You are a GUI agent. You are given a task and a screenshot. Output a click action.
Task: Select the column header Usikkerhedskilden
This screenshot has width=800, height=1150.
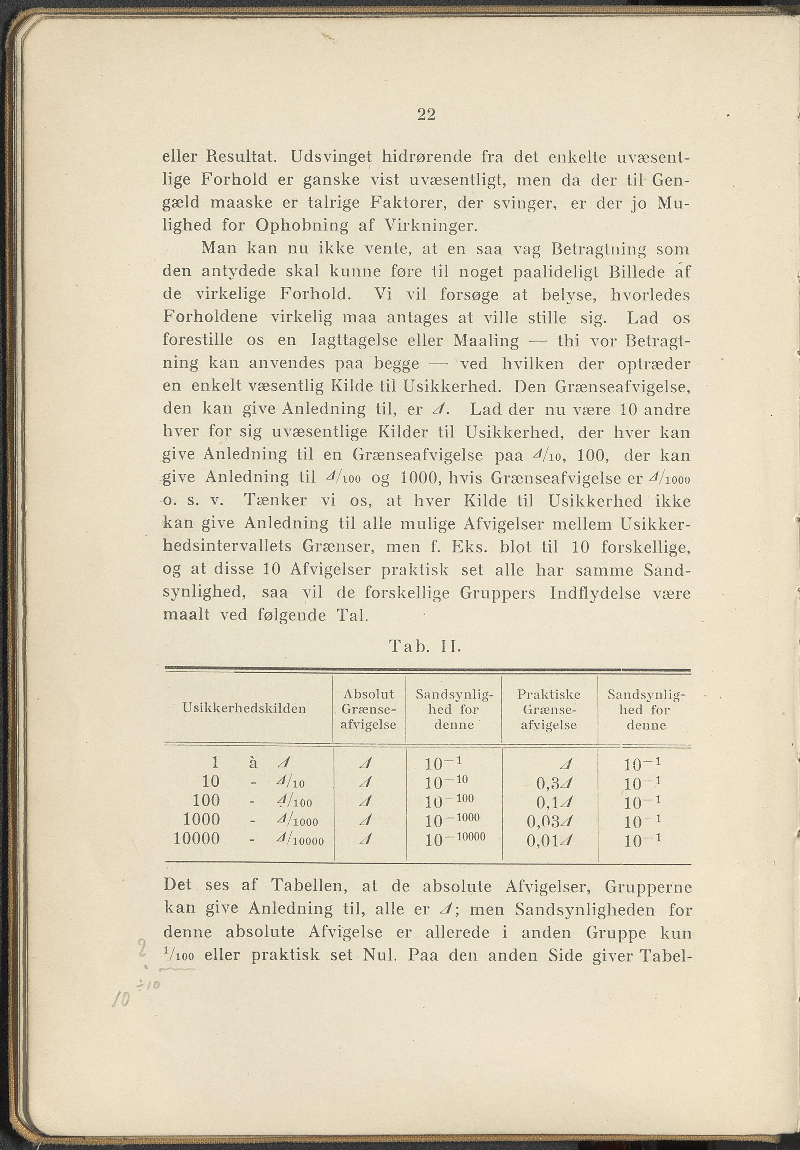click(245, 708)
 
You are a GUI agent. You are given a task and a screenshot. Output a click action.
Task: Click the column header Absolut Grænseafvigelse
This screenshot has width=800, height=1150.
click(369, 709)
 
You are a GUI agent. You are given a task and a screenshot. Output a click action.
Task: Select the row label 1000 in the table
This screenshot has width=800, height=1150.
click(201, 819)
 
